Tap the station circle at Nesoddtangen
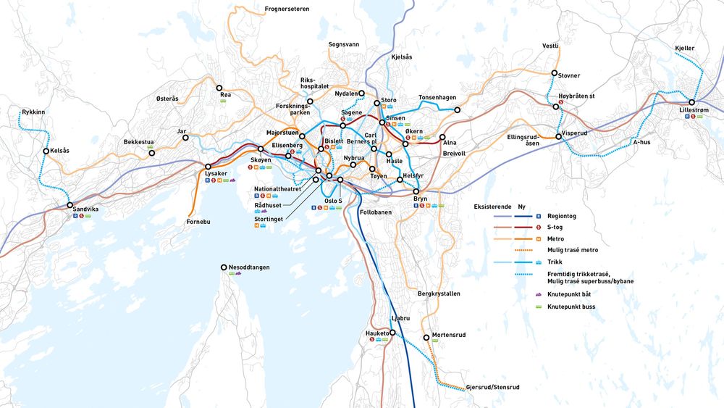(x=224, y=267)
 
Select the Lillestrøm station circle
(x=692, y=103)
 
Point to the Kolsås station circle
(x=46, y=151)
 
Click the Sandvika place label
(x=85, y=209)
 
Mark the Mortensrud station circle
(x=426, y=336)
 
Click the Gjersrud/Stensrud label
(x=493, y=387)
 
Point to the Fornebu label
(x=198, y=221)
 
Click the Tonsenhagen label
(x=438, y=98)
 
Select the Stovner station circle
(x=555, y=74)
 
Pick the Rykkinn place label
(x=33, y=112)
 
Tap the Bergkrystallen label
(x=439, y=293)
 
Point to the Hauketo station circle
(x=392, y=333)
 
